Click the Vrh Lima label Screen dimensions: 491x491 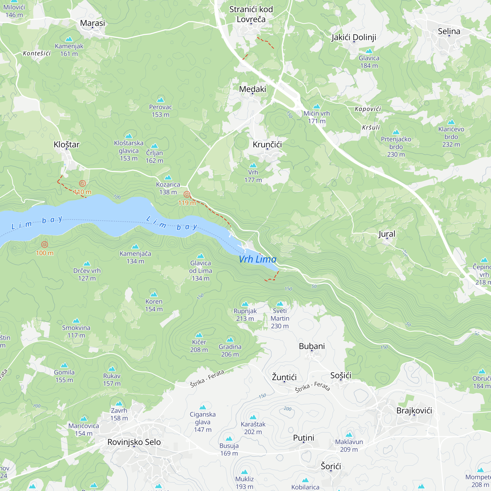(x=258, y=259)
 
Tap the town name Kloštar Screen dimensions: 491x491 (x=67, y=145)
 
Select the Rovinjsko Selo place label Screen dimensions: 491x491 (x=134, y=442)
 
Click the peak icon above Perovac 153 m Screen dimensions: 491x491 (x=160, y=100)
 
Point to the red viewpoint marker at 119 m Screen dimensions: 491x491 (x=187, y=195)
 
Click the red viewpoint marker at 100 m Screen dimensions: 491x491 (x=44, y=245)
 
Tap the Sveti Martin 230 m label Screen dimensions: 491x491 (x=280, y=318)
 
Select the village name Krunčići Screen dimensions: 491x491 (x=267, y=145)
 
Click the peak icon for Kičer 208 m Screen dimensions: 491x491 (x=199, y=335)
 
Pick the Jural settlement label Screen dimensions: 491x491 (x=387, y=234)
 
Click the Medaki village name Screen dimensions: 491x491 (x=252, y=89)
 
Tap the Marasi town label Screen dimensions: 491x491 (x=93, y=23)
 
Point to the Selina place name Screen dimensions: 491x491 (x=449, y=31)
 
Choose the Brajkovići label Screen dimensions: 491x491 (x=414, y=410)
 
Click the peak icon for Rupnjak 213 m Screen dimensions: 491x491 (x=245, y=304)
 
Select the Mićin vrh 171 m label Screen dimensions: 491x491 (x=317, y=117)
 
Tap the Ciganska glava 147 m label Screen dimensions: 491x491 (x=203, y=422)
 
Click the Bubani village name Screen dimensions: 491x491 (x=312, y=346)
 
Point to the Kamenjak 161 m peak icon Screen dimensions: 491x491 (x=69, y=39)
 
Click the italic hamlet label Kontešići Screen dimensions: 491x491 (x=37, y=53)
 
